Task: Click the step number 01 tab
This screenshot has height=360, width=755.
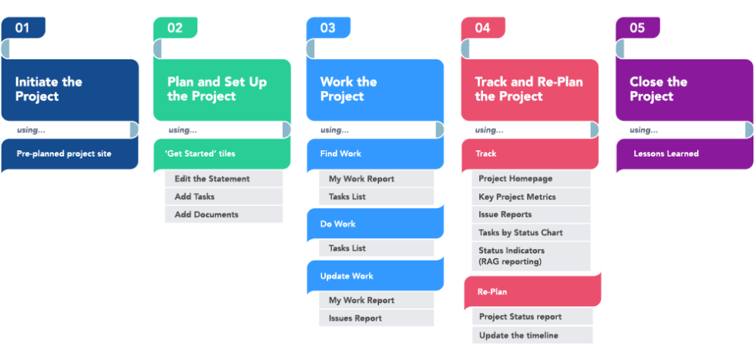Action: pos(23,28)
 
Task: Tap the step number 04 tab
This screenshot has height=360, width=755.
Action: pos(483,28)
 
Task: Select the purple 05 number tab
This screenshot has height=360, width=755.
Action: pos(637,28)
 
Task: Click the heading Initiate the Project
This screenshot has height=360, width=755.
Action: pos(49,89)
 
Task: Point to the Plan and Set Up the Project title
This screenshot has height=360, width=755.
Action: pos(216,89)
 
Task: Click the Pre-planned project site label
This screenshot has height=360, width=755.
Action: pos(64,153)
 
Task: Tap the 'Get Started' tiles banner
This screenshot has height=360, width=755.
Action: pos(200,153)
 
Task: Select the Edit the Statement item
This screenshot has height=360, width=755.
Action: pos(213,179)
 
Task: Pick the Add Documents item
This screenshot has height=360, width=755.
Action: pos(206,214)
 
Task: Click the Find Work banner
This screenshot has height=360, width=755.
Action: pos(341,153)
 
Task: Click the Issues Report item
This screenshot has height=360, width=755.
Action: pos(355,318)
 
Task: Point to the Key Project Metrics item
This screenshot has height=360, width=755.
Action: pos(517,197)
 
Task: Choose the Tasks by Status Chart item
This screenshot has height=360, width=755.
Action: pos(520,232)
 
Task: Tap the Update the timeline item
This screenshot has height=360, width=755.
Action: pos(518,335)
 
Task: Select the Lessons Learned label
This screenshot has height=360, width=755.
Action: pos(666,153)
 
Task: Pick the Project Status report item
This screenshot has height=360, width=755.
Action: pos(520,316)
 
